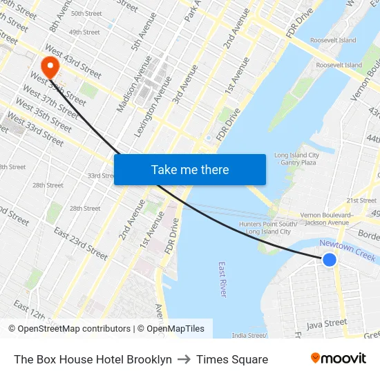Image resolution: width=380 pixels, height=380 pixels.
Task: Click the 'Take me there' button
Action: coord(189,169)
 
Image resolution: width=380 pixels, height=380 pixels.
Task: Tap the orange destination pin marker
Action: coord(50,67)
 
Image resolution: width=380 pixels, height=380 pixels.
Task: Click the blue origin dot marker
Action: coord(330,259)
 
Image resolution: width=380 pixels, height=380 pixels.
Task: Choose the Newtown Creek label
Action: coord(347,250)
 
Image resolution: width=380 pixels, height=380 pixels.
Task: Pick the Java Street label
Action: coord(326,323)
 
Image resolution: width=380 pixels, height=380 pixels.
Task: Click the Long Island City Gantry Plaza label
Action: coord(296,159)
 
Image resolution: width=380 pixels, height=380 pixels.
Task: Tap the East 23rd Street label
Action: coord(81,243)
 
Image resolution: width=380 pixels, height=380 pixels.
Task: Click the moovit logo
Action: coord(338,359)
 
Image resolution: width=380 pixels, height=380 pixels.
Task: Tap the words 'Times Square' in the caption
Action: coord(232,359)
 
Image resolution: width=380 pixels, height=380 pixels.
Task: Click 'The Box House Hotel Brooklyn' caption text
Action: coord(93,359)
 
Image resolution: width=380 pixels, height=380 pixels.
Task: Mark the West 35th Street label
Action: coord(43,117)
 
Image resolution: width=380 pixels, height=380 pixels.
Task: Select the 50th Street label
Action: coord(86,13)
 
